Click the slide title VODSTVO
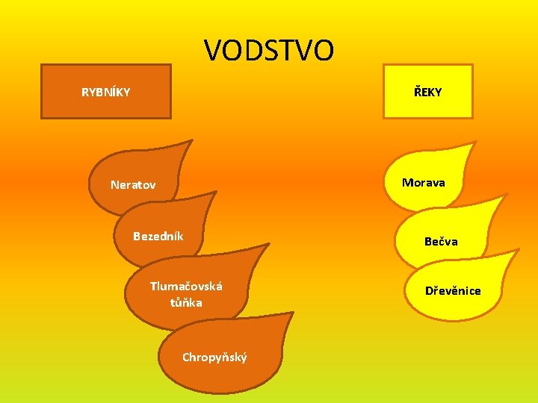pyautogui.click(x=269, y=51)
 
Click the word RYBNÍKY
pyautogui.click(x=105, y=93)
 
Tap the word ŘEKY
pyautogui.click(x=427, y=92)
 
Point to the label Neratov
pyautogui.click(x=133, y=184)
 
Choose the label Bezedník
pyautogui.click(x=158, y=237)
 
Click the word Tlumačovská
pyautogui.click(x=186, y=286)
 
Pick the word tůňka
pyautogui.click(x=186, y=302)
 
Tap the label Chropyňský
pyautogui.click(x=214, y=357)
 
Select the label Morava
pyautogui.click(x=423, y=182)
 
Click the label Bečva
pyautogui.click(x=441, y=241)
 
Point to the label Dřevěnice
pyautogui.click(x=453, y=290)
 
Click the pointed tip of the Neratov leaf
pyautogui.click(x=191, y=141)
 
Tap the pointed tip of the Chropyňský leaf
pyautogui.click(x=291, y=314)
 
